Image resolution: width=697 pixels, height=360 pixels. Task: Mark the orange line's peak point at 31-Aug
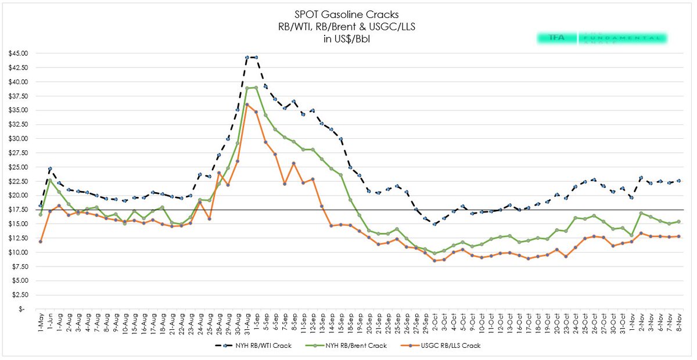pyautogui.click(x=247, y=105)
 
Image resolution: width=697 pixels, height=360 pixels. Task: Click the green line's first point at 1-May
pyautogui.click(x=40, y=214)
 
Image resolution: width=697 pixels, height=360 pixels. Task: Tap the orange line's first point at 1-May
pyautogui.click(x=40, y=242)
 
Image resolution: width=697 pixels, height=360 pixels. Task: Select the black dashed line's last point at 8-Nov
pyautogui.click(x=678, y=181)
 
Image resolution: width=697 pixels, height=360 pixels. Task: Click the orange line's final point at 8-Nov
pyautogui.click(x=678, y=236)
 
